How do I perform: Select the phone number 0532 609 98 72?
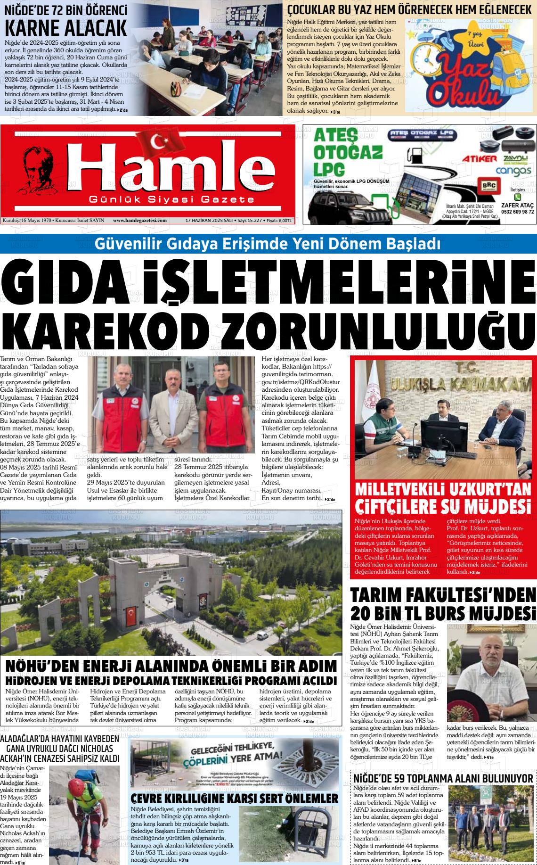coord(517,212)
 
